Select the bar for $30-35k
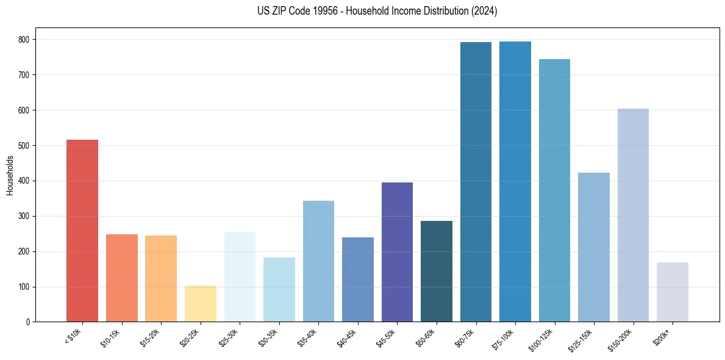pos(279,289)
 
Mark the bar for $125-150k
pos(594,247)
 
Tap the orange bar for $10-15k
pos(122,278)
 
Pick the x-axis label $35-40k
pos(309,337)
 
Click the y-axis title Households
pos(10,175)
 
